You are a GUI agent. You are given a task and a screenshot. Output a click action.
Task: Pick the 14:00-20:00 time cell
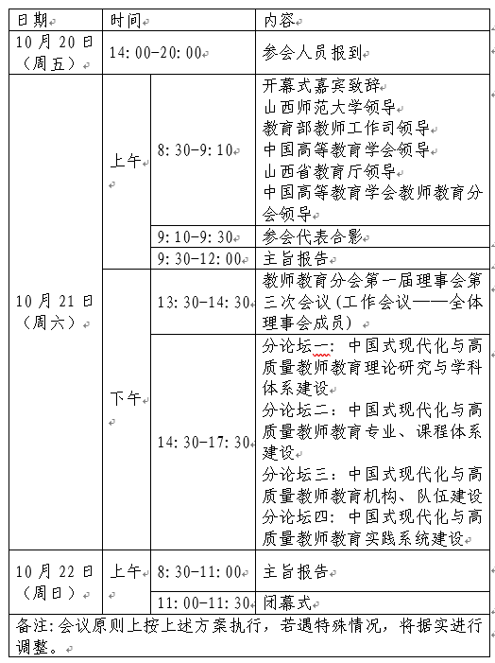[x=157, y=53]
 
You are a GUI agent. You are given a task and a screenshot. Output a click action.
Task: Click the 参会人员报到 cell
[x=311, y=53]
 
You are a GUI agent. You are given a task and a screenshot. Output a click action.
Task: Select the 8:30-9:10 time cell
[x=198, y=150]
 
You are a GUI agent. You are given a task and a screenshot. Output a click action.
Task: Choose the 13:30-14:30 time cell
[x=204, y=302]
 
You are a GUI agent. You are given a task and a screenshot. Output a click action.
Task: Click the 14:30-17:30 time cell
[x=204, y=442]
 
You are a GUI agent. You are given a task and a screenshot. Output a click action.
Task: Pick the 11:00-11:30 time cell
[x=204, y=602]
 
